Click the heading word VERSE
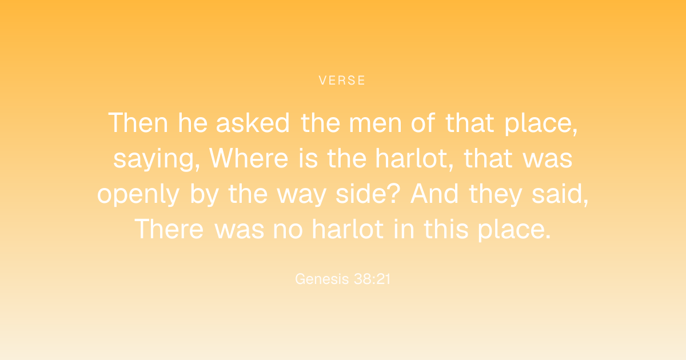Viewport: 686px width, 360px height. click(342, 80)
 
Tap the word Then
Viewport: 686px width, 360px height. click(138, 123)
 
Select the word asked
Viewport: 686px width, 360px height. click(253, 123)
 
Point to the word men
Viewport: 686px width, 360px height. click(375, 125)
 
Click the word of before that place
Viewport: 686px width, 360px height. click(423, 123)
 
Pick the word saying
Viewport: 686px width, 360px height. click(157, 159)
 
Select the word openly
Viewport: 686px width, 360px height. click(138, 195)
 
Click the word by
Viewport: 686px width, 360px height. click(204, 195)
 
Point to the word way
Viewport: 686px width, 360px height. click(302, 197)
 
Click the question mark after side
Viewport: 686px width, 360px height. click(394, 194)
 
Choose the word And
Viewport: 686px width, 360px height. click(434, 194)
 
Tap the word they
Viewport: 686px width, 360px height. click(495, 195)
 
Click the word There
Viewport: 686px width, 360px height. click(169, 229)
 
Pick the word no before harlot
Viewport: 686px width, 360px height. click(288, 231)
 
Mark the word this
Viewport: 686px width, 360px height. click(446, 229)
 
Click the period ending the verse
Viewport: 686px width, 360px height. click(548, 237)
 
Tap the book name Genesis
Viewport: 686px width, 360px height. click(322, 279)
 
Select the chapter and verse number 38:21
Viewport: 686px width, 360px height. click(372, 279)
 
